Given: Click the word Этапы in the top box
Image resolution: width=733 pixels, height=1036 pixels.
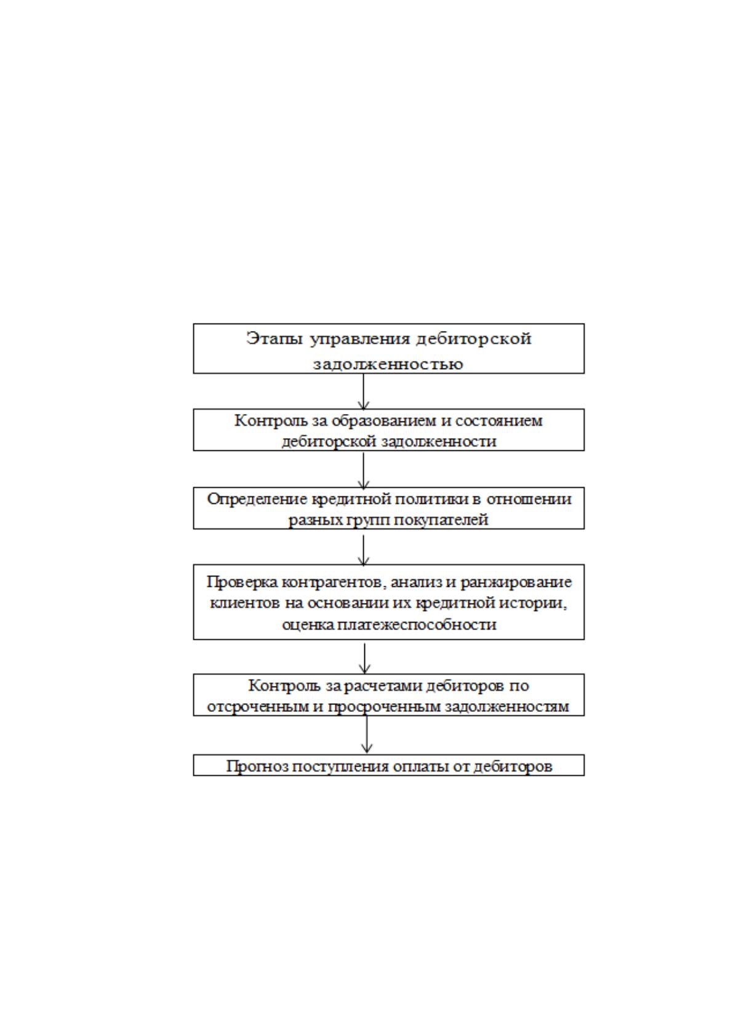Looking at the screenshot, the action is click(x=275, y=339).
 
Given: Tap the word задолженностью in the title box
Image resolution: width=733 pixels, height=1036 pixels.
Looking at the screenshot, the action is click(x=388, y=364).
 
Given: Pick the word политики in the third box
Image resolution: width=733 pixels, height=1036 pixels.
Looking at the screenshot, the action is click(x=430, y=500).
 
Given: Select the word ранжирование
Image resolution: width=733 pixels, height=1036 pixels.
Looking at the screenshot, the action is click(x=516, y=582).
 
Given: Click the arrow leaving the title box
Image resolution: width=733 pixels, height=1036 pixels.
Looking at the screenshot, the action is click(x=364, y=391).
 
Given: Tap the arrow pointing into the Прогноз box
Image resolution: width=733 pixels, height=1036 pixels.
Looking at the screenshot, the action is click(x=367, y=735).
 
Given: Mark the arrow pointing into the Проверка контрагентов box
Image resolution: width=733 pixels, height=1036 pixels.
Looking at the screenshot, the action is click(x=364, y=551).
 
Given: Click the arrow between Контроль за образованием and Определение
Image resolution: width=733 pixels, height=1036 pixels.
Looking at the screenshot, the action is click(x=364, y=471).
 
